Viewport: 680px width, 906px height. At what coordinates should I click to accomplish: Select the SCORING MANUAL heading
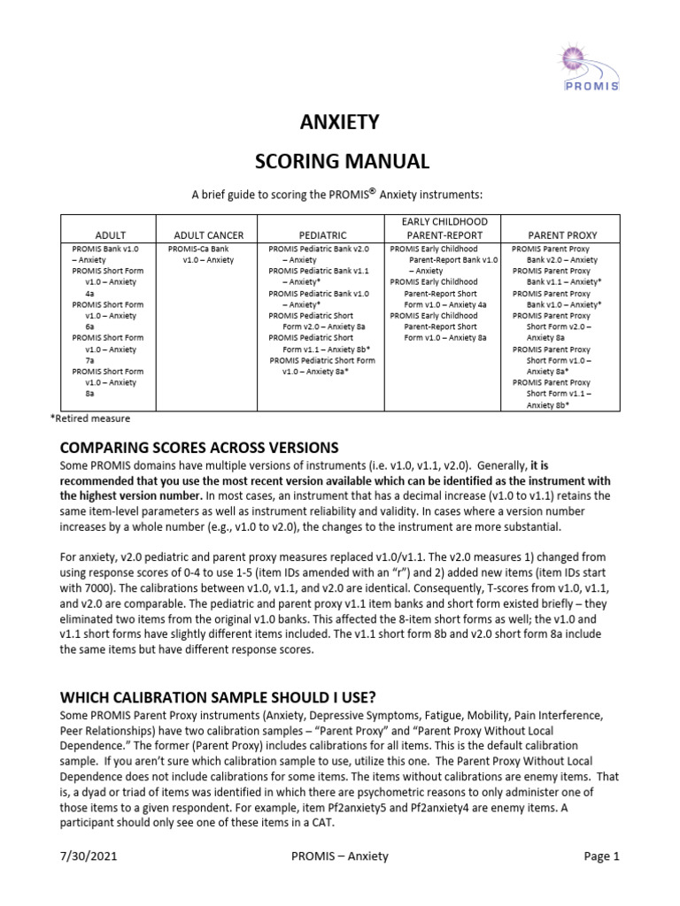point(341,161)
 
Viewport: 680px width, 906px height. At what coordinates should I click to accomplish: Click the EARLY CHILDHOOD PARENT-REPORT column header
point(445,228)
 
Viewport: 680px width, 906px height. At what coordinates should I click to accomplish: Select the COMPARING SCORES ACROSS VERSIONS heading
point(198,446)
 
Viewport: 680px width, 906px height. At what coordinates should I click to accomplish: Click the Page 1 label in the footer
point(601,856)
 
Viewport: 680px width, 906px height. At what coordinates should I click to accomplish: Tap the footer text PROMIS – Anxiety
point(339,856)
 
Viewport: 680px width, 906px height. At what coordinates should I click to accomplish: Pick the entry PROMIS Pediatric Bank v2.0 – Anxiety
point(321,255)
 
